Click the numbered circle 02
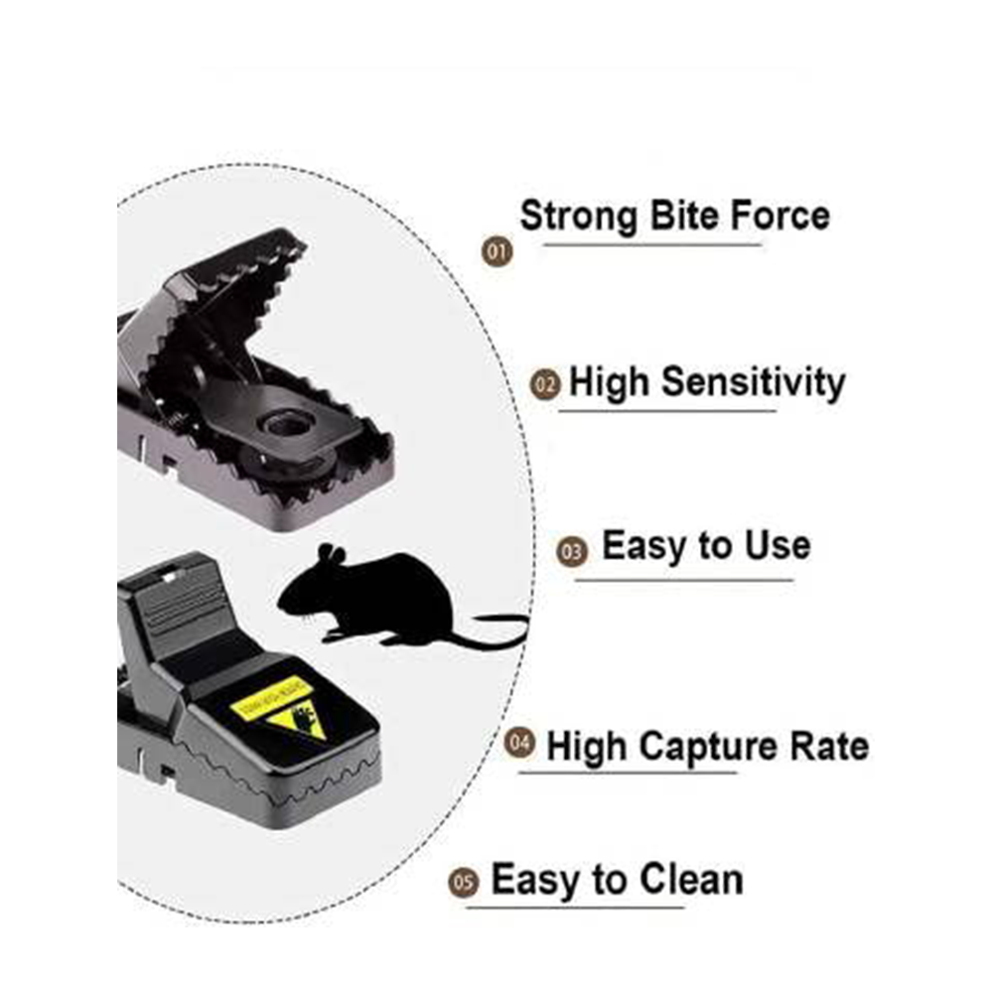(x=545, y=384)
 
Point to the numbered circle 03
(x=572, y=551)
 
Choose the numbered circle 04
(x=518, y=742)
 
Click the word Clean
(x=690, y=880)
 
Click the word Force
(x=780, y=215)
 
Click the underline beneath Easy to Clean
(x=576, y=907)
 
